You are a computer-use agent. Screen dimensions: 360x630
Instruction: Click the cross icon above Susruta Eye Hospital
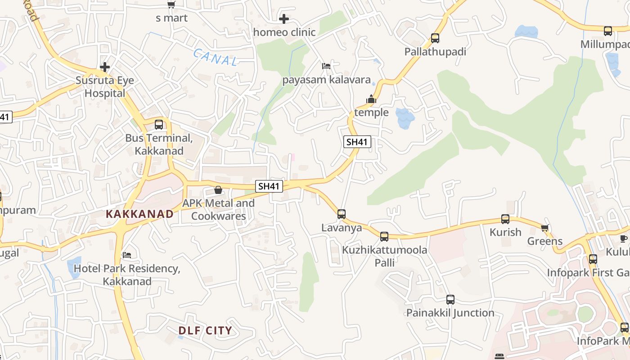pyautogui.click(x=105, y=67)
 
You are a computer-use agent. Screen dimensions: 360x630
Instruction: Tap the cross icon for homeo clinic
pyautogui.click(x=284, y=19)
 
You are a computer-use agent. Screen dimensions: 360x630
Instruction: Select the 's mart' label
pyautogui.click(x=171, y=18)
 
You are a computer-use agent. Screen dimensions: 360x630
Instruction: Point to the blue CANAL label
pyautogui.click(x=215, y=58)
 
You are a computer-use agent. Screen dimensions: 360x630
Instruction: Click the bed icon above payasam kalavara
pyautogui.click(x=326, y=66)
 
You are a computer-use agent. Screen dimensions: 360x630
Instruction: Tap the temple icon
pyautogui.click(x=371, y=99)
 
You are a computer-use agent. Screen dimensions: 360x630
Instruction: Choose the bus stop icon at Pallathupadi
pyautogui.click(x=435, y=38)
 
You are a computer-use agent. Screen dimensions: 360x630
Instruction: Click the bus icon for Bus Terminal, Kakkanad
pyautogui.click(x=159, y=125)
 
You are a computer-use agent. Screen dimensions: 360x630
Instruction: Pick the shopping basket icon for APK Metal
pyautogui.click(x=218, y=190)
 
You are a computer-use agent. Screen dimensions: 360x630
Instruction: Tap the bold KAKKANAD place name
pyautogui.click(x=139, y=214)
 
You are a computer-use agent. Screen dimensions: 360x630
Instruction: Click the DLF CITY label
pyautogui.click(x=205, y=331)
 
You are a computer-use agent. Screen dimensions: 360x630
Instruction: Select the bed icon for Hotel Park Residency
pyautogui.click(x=127, y=255)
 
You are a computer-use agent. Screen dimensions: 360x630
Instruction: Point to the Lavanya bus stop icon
pyautogui.click(x=342, y=214)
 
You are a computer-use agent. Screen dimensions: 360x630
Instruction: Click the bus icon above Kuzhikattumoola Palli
pyautogui.click(x=384, y=237)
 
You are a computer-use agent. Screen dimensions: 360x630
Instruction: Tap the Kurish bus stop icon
pyautogui.click(x=505, y=219)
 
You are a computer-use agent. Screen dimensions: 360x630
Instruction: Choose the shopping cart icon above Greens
pyautogui.click(x=545, y=228)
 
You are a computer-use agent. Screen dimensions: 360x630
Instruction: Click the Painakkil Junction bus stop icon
pyautogui.click(x=450, y=300)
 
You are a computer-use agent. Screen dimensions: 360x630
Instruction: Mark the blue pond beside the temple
pyautogui.click(x=405, y=118)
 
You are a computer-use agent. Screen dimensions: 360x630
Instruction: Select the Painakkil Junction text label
pyautogui.click(x=450, y=313)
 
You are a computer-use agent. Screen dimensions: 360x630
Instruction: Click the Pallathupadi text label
pyautogui.click(x=435, y=52)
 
